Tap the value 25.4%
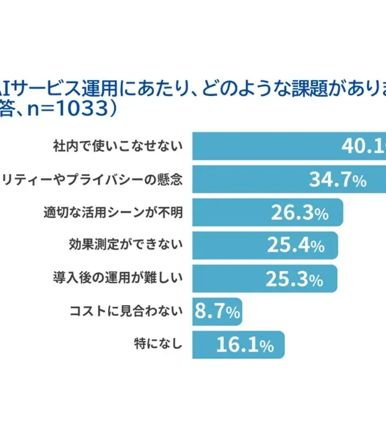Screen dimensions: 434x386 click(x=296, y=245)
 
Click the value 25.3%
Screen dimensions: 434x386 click(x=296, y=278)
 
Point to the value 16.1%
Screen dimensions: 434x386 click(x=245, y=345)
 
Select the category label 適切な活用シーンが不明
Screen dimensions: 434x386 click(x=112, y=212)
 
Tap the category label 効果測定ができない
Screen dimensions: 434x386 click(x=125, y=245)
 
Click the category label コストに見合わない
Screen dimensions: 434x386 click(x=125, y=312)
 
